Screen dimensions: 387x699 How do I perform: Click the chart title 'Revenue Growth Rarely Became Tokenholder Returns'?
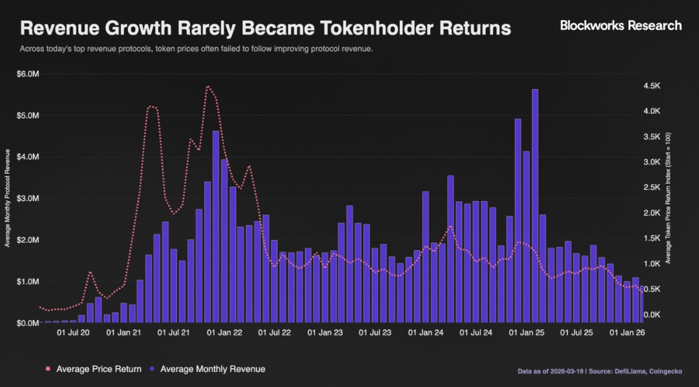tap(265, 29)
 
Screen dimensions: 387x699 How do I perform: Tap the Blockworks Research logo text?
tap(621, 25)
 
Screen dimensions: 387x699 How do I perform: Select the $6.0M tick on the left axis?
tap(28, 74)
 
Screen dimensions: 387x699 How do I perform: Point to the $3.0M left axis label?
tap(28, 198)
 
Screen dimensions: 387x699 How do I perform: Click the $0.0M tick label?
tap(28, 323)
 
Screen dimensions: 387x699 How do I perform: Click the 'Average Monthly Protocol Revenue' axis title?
tap(8, 198)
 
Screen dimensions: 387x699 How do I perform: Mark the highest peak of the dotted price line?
tap(207, 86)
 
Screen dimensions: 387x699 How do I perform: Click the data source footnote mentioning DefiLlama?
tap(600, 371)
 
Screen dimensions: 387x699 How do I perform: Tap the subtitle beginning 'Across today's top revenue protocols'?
tap(196, 49)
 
